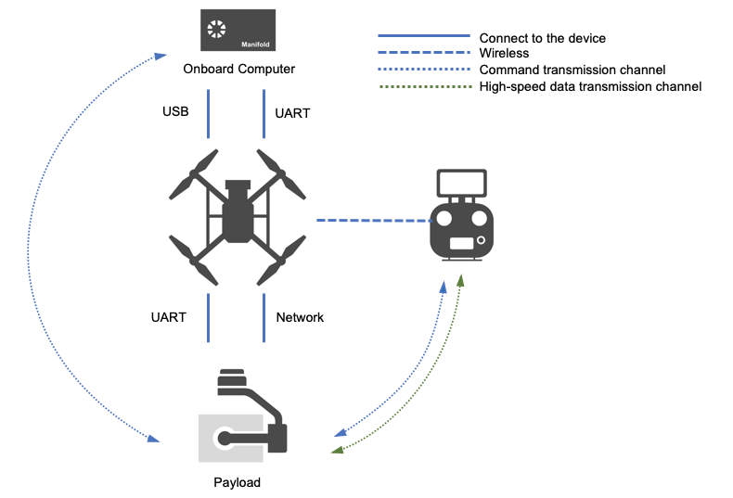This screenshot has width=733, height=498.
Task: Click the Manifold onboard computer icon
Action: (x=237, y=30)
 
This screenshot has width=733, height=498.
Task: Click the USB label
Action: (x=175, y=112)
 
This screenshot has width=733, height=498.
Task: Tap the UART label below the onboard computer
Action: (x=293, y=113)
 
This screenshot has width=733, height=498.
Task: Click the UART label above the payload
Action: (x=168, y=317)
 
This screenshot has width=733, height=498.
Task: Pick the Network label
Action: (x=300, y=317)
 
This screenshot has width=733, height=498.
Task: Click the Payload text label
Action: (x=237, y=482)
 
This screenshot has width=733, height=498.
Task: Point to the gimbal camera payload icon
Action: (x=243, y=417)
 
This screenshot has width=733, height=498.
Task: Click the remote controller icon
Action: (x=463, y=217)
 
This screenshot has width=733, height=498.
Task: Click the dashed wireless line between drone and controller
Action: (x=376, y=221)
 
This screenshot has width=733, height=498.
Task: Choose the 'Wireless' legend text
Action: (x=505, y=54)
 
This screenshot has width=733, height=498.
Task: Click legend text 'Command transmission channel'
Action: (x=572, y=70)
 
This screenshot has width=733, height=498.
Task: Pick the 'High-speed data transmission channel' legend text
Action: (x=589, y=86)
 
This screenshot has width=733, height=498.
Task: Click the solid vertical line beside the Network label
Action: (x=264, y=318)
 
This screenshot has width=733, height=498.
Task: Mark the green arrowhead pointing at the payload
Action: (x=337, y=450)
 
